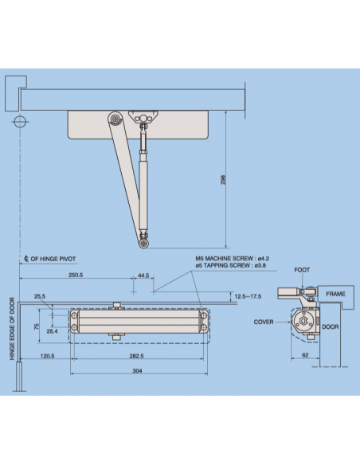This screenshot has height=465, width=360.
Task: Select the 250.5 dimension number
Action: pyautogui.click(x=77, y=275)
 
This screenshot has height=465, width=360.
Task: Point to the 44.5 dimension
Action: pyautogui.click(x=143, y=275)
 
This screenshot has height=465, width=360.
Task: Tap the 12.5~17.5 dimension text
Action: pyautogui.click(x=247, y=296)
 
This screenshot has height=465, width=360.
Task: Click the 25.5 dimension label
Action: pyautogui.click(x=39, y=296)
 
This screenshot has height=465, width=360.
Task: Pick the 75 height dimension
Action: pyautogui.click(x=35, y=326)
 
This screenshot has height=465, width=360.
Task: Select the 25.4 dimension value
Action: pyautogui.click(x=52, y=331)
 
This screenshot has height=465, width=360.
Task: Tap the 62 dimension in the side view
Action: pyautogui.click(x=306, y=356)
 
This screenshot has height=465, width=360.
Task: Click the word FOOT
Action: pyautogui.click(x=302, y=270)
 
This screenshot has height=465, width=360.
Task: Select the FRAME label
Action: pyautogui.click(x=335, y=294)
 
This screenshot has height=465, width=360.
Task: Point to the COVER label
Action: pyautogui.click(x=264, y=322)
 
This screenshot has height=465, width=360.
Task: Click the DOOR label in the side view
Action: pyautogui.click(x=331, y=327)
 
